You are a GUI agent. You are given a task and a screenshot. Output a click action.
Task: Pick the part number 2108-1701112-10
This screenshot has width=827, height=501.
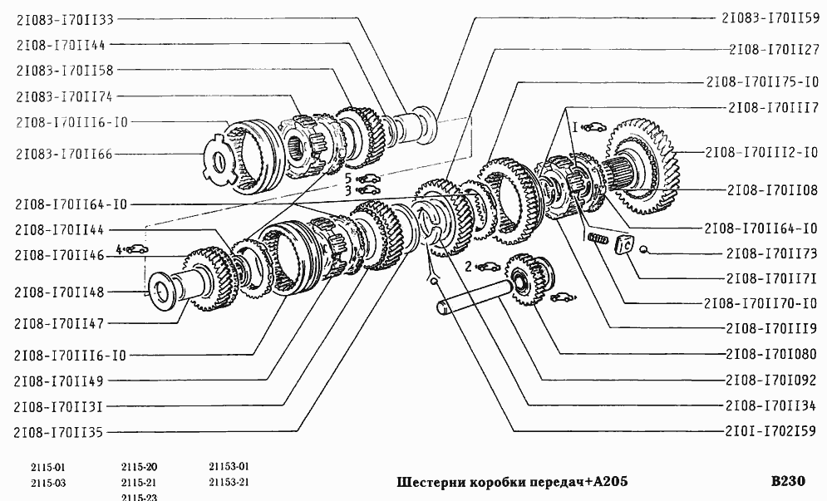click(x=762, y=153)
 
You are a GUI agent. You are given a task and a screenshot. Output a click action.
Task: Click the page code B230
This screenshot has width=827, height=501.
click(x=788, y=482)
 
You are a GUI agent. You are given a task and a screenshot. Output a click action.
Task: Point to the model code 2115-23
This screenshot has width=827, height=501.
click(x=139, y=497)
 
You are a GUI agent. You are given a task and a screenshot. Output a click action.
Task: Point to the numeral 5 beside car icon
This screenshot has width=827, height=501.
click(x=349, y=178)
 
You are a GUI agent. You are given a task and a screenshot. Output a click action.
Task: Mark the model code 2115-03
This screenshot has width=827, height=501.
click(x=48, y=483)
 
